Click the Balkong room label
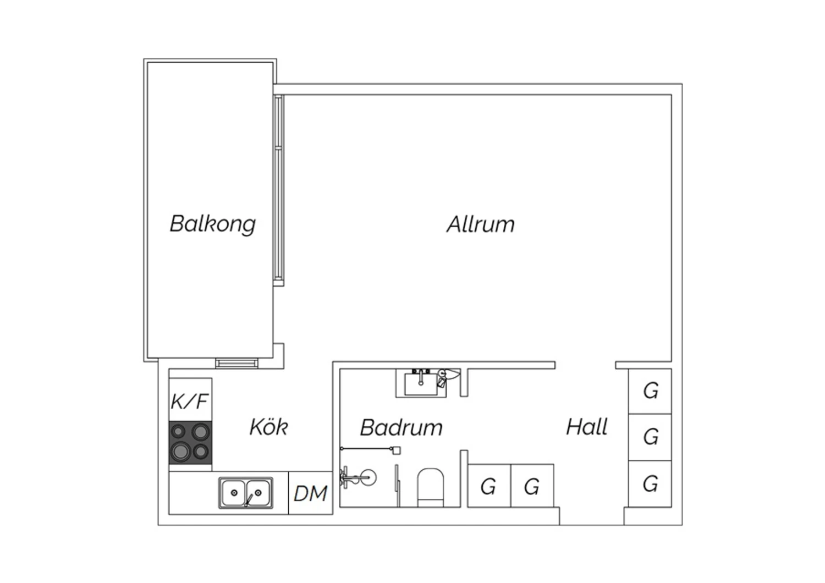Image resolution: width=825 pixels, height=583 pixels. point(212,224)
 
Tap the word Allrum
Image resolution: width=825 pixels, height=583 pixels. point(481,224)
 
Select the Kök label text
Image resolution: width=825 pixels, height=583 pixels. point(268,427)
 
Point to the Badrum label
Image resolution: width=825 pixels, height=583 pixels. point(401,427)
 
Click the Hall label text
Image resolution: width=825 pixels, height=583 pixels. point(587,427)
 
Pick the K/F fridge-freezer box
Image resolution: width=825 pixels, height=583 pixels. point(190,400)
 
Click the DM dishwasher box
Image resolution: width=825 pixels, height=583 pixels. point(311,493)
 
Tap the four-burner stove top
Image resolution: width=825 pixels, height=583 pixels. point(190,443)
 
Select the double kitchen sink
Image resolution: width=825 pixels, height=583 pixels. point(246,493)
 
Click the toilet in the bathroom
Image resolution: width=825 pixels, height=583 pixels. point(430,488)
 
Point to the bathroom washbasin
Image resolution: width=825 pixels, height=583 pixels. point(421,383)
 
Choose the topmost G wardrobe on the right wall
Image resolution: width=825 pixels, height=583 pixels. point(650,391)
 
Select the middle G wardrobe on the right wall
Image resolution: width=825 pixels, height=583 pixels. point(650,437)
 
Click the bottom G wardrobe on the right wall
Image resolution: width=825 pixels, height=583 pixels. point(650,483)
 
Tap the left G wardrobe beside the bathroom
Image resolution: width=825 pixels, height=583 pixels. point(489,486)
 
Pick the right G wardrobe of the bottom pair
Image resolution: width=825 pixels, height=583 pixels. point(532,486)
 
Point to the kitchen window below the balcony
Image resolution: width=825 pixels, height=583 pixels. point(237,364)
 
